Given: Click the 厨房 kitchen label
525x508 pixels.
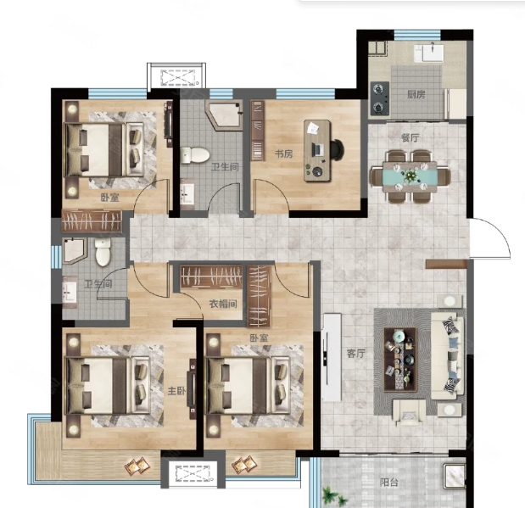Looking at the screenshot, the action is [x=416, y=95].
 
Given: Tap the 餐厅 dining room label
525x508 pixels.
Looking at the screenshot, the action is [x=410, y=137].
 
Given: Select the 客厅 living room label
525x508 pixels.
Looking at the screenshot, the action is [x=355, y=354].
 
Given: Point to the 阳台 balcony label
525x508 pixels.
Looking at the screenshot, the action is [x=389, y=483].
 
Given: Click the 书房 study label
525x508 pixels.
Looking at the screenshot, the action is [x=283, y=154].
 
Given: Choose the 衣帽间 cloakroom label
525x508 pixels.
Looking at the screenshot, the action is [x=223, y=304].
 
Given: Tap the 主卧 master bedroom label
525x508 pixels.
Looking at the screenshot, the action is [x=176, y=391].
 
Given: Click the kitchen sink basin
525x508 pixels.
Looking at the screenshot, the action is [x=433, y=53].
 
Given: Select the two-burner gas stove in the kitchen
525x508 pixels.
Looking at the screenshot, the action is [x=380, y=98].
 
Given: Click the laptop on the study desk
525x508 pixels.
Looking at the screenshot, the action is [x=317, y=149].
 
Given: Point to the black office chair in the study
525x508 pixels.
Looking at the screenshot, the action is [x=337, y=149].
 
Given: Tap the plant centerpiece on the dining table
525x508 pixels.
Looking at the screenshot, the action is [x=410, y=176].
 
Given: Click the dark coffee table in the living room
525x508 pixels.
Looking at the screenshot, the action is [x=400, y=360].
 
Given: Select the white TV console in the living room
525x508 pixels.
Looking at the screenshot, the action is [x=332, y=357].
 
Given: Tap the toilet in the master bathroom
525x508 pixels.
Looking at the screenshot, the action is [x=103, y=252].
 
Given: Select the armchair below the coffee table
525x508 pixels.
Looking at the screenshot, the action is [x=409, y=412].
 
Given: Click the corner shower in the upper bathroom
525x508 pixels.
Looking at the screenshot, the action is [x=224, y=114].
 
